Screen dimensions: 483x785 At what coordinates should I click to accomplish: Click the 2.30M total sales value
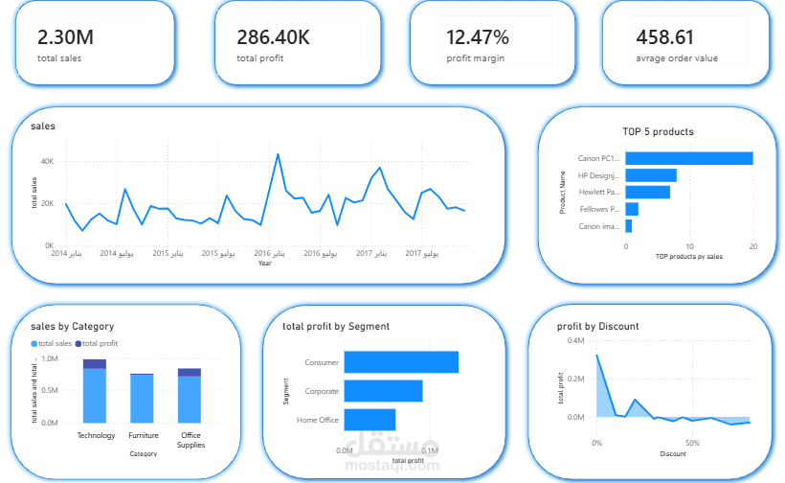pos(65,37)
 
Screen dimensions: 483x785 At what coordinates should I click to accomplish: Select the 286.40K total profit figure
pos(273,37)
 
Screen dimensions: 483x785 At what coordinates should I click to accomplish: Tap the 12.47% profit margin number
pos(478,37)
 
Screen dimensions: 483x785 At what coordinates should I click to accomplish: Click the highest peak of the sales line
pos(278,154)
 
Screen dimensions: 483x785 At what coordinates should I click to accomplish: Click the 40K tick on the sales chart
pos(47,161)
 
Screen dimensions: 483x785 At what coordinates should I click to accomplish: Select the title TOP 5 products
pos(657,131)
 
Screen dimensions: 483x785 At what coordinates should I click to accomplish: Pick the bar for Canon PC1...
pos(688,158)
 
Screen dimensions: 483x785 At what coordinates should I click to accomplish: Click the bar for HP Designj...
pos(650,175)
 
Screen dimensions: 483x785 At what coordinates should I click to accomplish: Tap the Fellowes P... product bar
pos(631,209)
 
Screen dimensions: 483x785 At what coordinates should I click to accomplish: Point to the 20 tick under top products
pos(752,246)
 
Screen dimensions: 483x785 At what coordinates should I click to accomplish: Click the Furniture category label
pos(144,435)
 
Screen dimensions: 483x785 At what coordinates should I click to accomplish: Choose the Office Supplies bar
pos(190,395)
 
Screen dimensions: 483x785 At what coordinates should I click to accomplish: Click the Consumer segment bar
pos(400,362)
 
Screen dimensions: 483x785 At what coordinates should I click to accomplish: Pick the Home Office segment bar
pos(369,420)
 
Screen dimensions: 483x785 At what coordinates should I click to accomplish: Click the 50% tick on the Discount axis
pos(692,444)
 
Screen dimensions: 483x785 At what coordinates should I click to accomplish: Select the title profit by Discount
pos(598,326)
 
